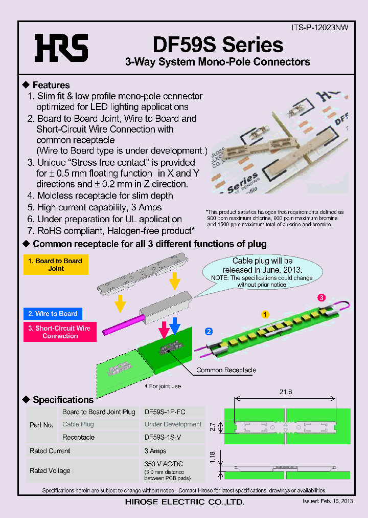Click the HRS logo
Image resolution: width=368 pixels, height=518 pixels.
click(x=61, y=48)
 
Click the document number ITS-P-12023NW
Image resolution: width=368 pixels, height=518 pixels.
click(x=319, y=28)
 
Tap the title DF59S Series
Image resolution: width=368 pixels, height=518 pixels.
click(x=218, y=45)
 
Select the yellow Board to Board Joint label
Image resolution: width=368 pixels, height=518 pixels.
click(x=56, y=265)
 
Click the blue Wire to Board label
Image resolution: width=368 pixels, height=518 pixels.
click(x=53, y=314)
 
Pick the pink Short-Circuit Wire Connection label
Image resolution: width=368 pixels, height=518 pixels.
click(x=60, y=332)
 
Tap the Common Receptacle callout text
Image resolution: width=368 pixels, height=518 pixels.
click(x=226, y=370)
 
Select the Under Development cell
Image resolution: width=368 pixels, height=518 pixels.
click(x=173, y=424)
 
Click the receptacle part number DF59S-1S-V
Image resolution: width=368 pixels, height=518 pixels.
click(x=163, y=438)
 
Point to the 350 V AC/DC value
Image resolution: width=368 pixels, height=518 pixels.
click(x=164, y=464)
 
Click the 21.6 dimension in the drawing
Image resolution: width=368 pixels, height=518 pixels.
click(x=286, y=392)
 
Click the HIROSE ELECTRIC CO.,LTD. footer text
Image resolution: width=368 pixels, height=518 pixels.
click(x=185, y=502)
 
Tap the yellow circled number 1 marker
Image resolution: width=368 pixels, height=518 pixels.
click(x=265, y=313)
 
